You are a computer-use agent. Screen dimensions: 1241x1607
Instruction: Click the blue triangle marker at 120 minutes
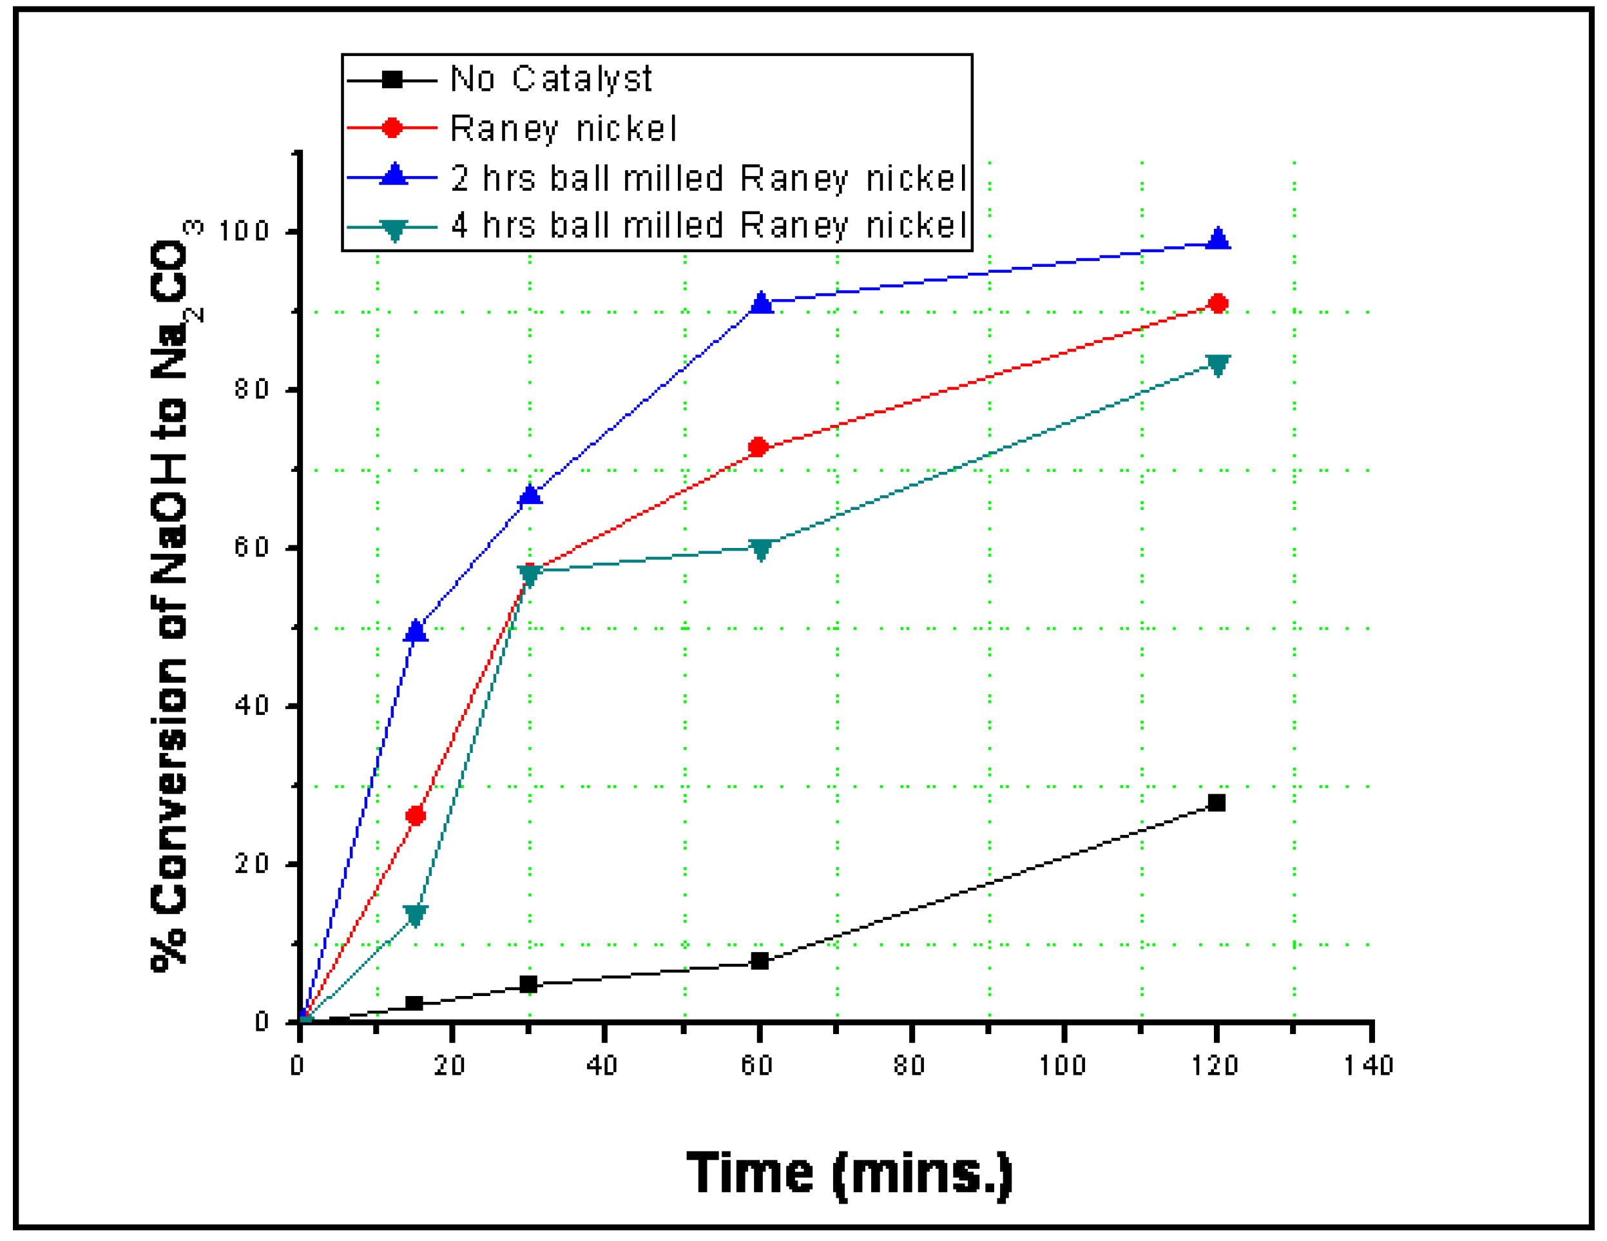coord(1218,239)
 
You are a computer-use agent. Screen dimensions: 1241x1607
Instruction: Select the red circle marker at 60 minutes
coord(758,447)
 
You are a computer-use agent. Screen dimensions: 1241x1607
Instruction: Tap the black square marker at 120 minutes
coord(1217,803)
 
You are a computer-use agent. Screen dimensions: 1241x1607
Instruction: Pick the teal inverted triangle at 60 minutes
coord(761,549)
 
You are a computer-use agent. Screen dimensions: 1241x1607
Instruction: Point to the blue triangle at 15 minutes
coord(416,630)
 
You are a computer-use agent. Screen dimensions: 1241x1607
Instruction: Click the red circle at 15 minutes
coord(416,816)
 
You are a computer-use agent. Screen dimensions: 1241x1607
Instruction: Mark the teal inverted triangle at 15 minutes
coord(416,915)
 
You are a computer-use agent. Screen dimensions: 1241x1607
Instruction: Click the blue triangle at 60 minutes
coord(762,302)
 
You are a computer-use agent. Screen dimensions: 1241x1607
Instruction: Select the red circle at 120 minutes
coord(1218,303)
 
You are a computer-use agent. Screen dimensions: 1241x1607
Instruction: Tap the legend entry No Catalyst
coord(550,79)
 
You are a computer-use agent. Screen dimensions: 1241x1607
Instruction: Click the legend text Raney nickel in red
coord(563,129)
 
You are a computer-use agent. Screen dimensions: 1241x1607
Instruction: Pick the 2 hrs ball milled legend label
coord(708,178)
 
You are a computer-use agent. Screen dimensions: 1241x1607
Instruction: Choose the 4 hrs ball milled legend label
coord(708,225)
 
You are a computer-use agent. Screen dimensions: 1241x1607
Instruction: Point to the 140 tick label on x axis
coord(1369,1066)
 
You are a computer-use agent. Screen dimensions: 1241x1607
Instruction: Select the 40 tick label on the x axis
coord(602,1066)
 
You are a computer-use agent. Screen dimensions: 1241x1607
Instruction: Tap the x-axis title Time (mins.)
coord(850,1173)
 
